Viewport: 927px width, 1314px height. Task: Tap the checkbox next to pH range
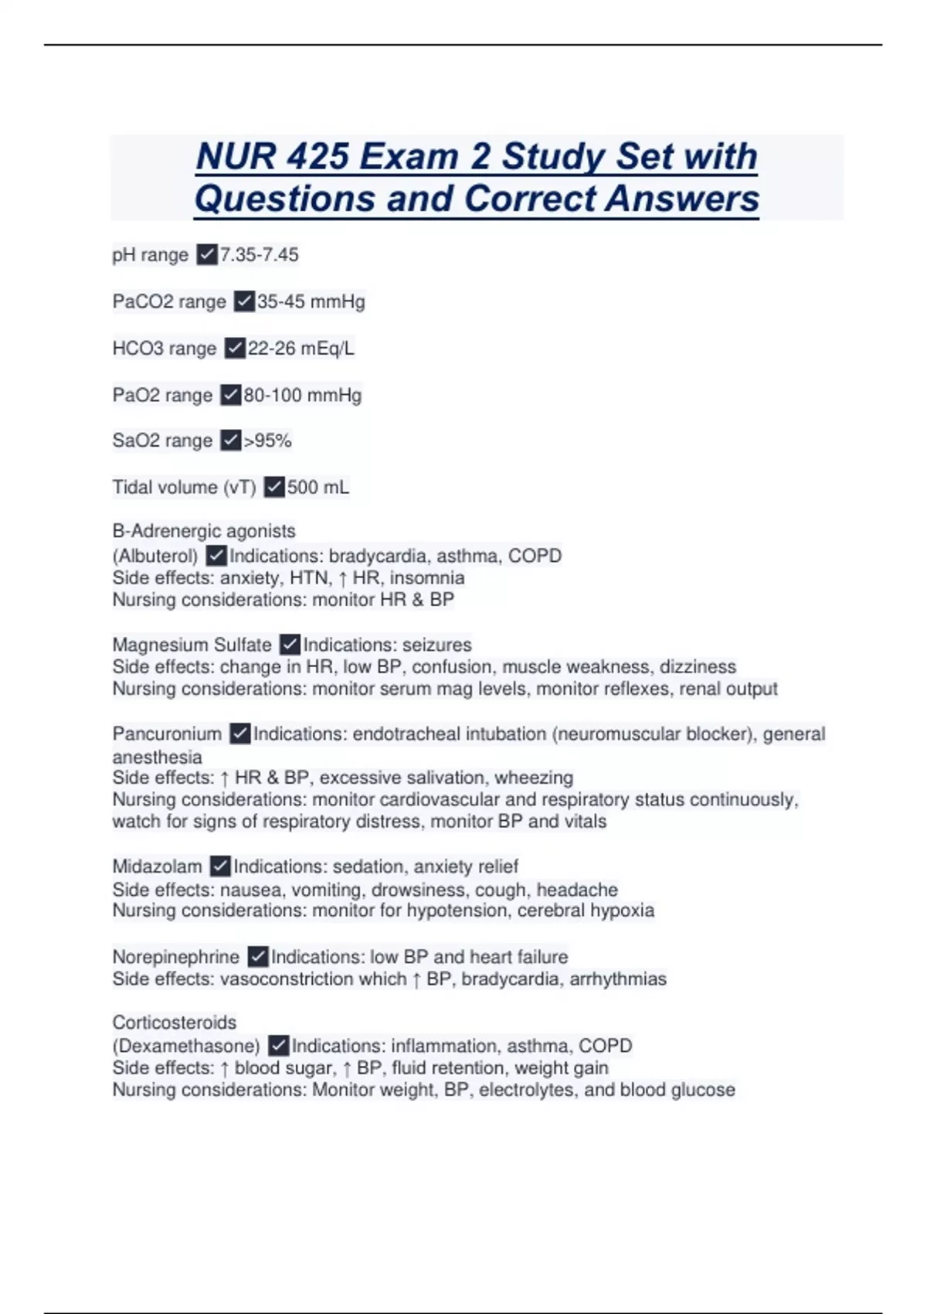(x=206, y=254)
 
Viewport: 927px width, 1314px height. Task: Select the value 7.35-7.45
(x=260, y=254)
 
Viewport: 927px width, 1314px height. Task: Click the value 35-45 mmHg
(x=311, y=301)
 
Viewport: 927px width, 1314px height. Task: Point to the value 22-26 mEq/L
(x=301, y=349)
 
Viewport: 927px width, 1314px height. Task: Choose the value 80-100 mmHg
(x=303, y=395)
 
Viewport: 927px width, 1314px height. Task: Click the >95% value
(x=267, y=441)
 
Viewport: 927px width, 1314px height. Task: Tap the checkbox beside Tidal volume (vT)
(x=274, y=487)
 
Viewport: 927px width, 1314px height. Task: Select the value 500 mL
(x=318, y=487)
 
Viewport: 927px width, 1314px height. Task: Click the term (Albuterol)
(x=155, y=556)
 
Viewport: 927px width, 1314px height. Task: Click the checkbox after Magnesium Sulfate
(x=290, y=644)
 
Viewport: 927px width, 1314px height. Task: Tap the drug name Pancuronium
(x=167, y=734)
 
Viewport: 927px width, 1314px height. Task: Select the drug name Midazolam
(x=157, y=866)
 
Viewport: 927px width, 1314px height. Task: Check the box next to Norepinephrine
(x=258, y=957)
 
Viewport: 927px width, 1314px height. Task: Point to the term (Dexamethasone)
(x=186, y=1046)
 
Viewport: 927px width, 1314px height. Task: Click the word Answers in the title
(x=682, y=199)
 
